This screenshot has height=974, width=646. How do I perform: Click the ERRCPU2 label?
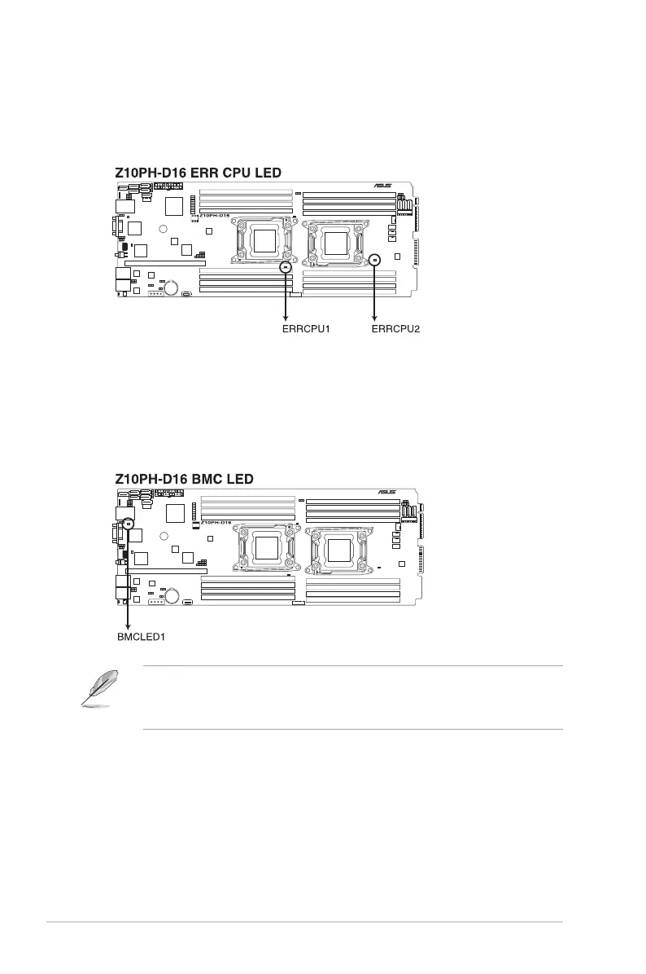pos(396,330)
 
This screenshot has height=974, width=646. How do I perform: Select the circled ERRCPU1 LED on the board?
pos(286,266)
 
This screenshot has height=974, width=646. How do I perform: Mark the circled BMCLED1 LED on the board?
pos(128,524)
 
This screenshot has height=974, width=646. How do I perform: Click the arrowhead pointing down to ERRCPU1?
pos(286,317)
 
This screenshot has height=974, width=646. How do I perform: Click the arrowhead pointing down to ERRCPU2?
pos(374,317)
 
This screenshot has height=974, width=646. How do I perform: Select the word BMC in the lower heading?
pos(212,479)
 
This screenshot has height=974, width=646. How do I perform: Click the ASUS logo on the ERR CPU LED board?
pos(383,186)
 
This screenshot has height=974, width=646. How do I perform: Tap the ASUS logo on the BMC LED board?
pos(388,492)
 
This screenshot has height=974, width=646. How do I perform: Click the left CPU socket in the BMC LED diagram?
pos(267,548)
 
